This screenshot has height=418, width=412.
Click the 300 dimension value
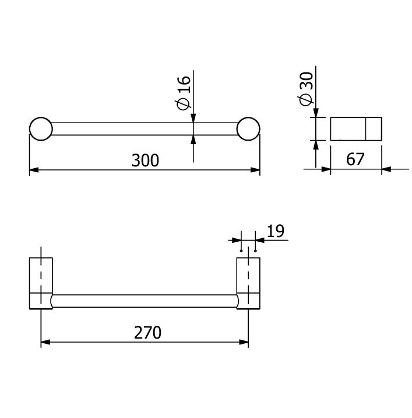tap(145, 160)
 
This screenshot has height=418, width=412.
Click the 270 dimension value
tap(147, 332)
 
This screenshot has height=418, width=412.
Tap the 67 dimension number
tap(355, 159)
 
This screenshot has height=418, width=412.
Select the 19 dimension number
tap(276, 231)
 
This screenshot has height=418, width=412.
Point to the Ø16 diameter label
tap(184, 92)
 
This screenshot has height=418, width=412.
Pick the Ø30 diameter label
tap(305, 89)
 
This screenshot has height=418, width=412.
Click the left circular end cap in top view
tap(41, 129)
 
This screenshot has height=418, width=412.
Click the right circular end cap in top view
tap(248, 129)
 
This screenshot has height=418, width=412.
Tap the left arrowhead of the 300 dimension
tap(34, 170)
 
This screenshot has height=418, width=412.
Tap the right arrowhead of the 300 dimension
tap(255, 170)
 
